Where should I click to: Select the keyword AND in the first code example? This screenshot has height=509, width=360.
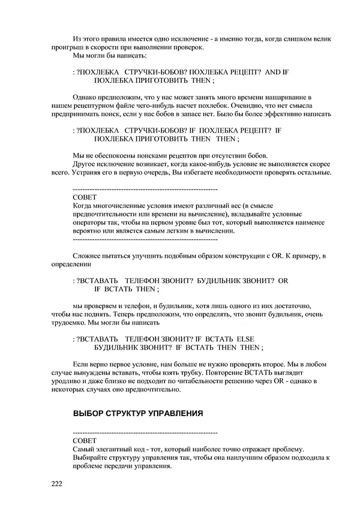coord(272,73)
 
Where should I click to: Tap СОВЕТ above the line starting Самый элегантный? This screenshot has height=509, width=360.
coord(83,440)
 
